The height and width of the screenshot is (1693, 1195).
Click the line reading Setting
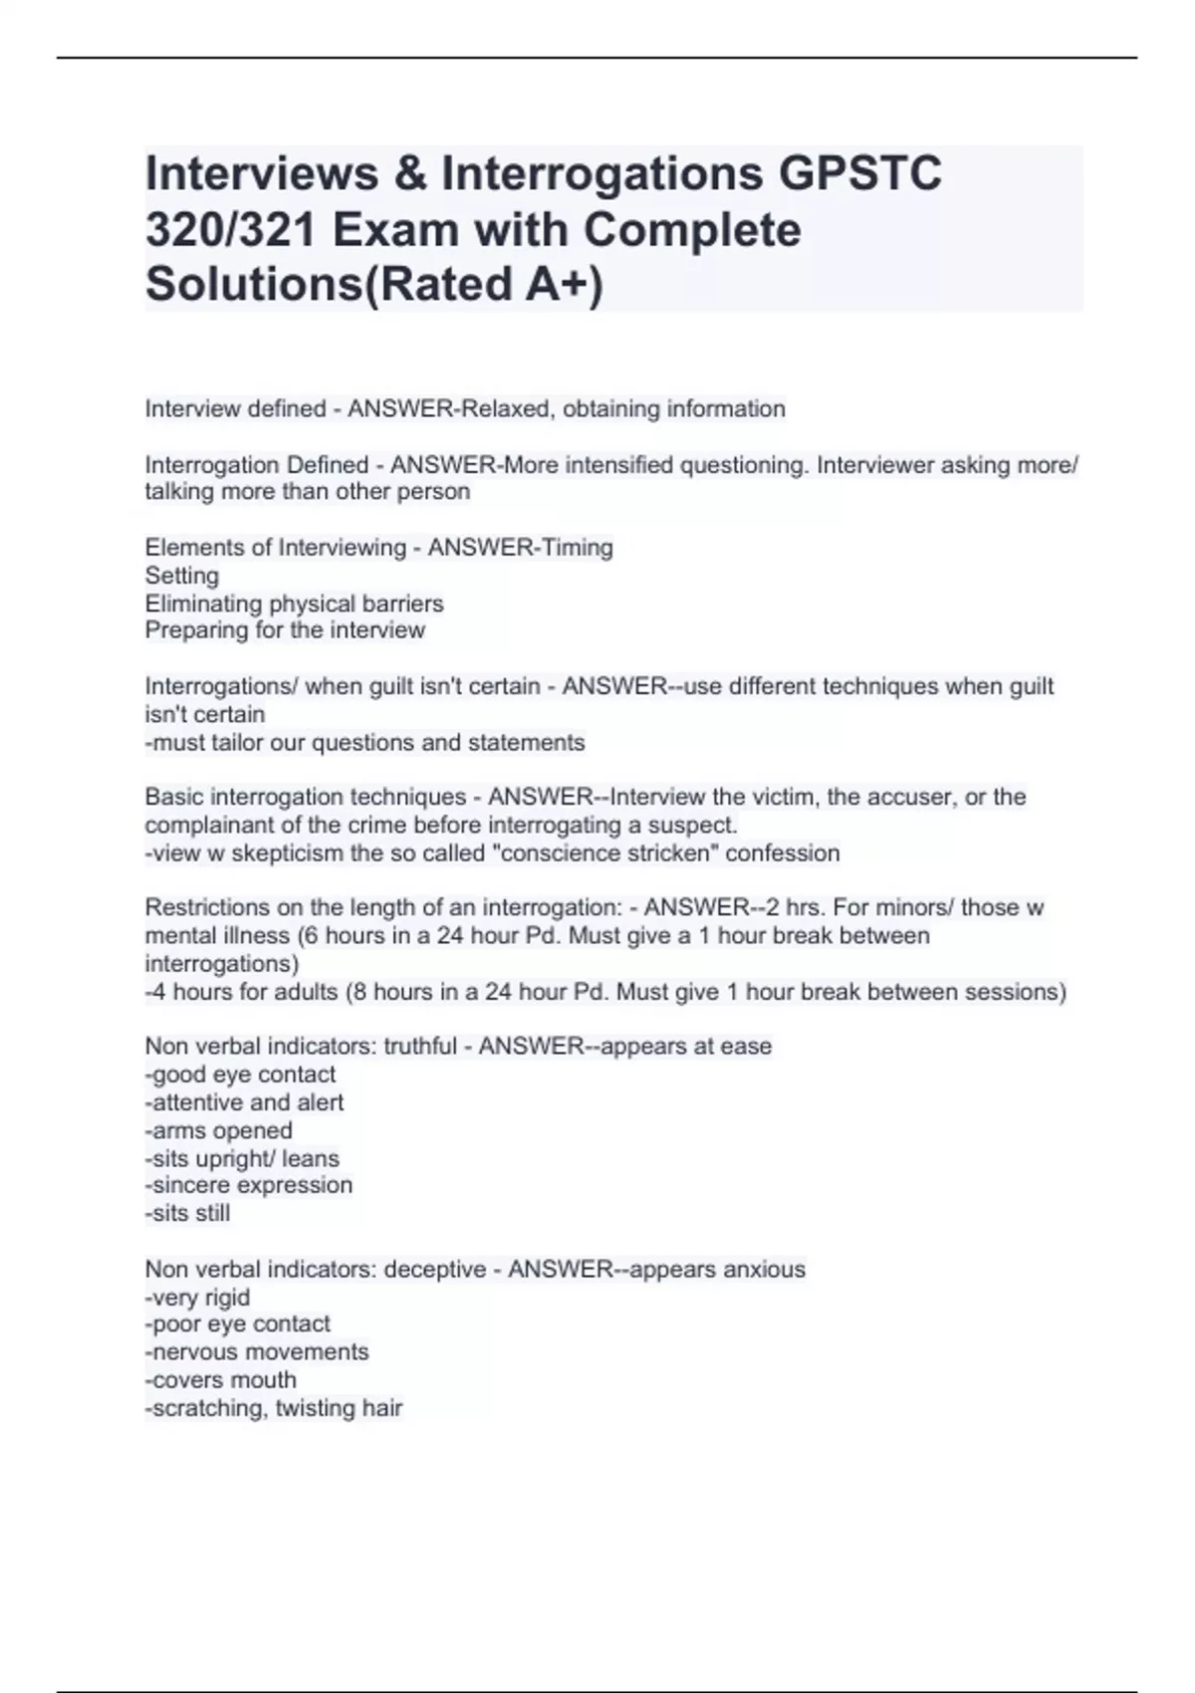(x=181, y=576)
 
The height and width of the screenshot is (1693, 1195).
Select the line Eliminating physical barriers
(x=294, y=604)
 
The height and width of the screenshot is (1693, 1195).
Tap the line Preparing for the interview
(x=285, y=630)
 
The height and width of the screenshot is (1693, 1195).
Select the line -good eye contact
(x=240, y=1075)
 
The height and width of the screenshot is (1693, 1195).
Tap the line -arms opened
(x=219, y=1131)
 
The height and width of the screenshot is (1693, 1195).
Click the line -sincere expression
(x=249, y=1186)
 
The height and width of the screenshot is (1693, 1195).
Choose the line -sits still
(x=187, y=1214)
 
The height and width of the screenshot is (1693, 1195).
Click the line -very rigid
(x=197, y=1298)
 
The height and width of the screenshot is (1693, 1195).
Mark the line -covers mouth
(x=221, y=1380)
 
